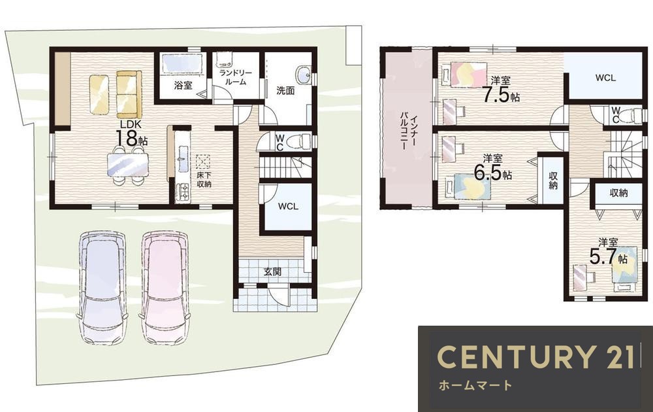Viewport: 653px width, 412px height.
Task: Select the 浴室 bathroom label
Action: coord(183,86)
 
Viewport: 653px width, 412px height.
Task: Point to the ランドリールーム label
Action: coord(236,78)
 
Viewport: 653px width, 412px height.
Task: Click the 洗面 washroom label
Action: coord(286,90)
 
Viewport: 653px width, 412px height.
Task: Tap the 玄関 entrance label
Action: coord(272,272)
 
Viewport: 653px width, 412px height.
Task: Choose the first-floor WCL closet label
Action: coord(288,207)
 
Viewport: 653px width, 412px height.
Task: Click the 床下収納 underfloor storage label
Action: coord(204,180)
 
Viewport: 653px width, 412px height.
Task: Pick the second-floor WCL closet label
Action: coord(605,78)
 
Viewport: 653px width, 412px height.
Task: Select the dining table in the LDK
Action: coord(127,165)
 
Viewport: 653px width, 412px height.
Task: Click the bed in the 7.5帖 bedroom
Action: coord(468,75)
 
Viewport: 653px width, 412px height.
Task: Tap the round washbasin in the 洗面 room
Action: coord(303,75)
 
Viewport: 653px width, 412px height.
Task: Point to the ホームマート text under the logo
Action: coord(475,385)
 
